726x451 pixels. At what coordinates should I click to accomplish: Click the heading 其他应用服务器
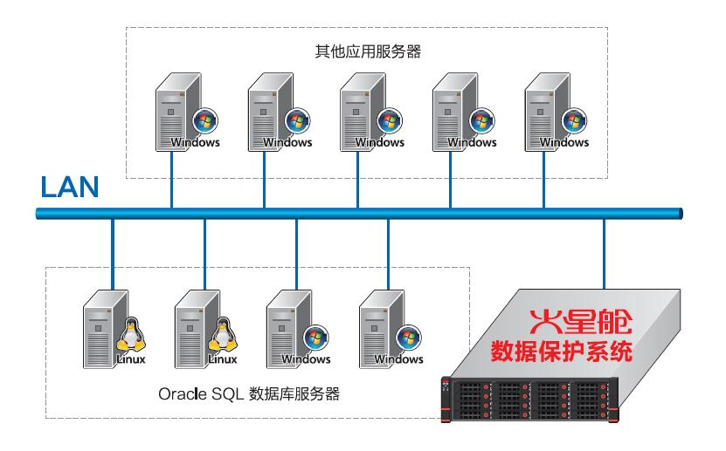point(368,51)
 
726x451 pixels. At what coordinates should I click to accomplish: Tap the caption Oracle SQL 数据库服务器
point(249,395)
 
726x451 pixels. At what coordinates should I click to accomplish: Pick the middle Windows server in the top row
point(358,110)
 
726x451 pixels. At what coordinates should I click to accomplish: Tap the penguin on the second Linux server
point(222,335)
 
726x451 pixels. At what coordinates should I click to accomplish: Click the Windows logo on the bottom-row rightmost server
point(406,338)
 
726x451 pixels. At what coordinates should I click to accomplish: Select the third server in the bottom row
point(288,331)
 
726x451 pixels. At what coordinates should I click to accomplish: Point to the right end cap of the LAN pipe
point(679,213)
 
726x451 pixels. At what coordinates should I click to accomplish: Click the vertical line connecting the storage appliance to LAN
point(604,253)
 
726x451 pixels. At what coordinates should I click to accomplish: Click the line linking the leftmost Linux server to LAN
point(113,253)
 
